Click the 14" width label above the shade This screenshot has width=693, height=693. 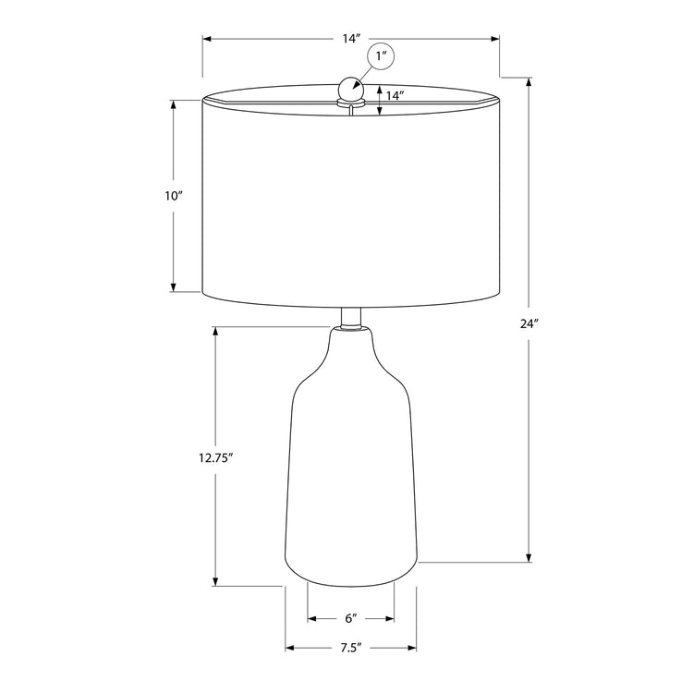tap(350, 39)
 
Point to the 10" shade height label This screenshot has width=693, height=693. tap(174, 196)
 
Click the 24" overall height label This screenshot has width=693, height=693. tap(529, 323)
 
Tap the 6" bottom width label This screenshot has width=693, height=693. tap(351, 617)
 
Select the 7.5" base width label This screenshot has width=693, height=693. tap(350, 648)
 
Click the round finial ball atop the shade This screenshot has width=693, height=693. tap(350, 90)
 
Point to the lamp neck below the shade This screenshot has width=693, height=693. tap(350, 318)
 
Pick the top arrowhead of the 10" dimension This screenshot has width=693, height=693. tap(173, 103)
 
